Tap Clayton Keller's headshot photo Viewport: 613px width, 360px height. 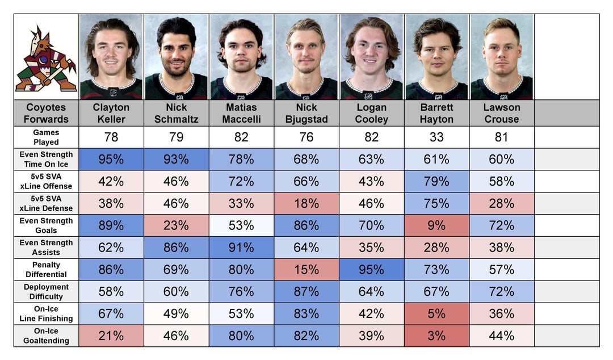point(111,57)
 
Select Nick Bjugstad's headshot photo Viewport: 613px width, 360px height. point(306,57)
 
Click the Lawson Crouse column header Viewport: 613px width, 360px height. point(501,113)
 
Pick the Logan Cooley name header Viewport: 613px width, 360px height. point(371,113)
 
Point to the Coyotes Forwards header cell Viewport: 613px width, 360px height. point(46,113)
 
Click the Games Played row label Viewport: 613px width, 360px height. point(46,137)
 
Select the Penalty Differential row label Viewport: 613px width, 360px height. point(46,269)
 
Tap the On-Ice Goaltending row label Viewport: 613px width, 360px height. point(46,336)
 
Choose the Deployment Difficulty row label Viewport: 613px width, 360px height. point(46,291)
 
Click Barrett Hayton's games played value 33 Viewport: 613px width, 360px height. point(436,137)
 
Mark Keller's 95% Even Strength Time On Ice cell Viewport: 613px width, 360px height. point(111,159)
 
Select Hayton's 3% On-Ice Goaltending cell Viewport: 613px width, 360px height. point(436,336)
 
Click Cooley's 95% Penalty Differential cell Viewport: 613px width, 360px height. point(371,269)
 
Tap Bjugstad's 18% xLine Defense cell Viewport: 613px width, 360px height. point(306,203)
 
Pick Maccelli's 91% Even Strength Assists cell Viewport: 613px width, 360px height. point(241,248)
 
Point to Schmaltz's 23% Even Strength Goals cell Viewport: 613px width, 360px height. point(176,225)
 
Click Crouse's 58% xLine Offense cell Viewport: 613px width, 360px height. point(501,181)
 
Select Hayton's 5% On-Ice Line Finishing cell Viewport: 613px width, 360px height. point(436,313)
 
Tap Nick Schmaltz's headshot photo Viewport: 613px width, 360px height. point(176,57)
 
